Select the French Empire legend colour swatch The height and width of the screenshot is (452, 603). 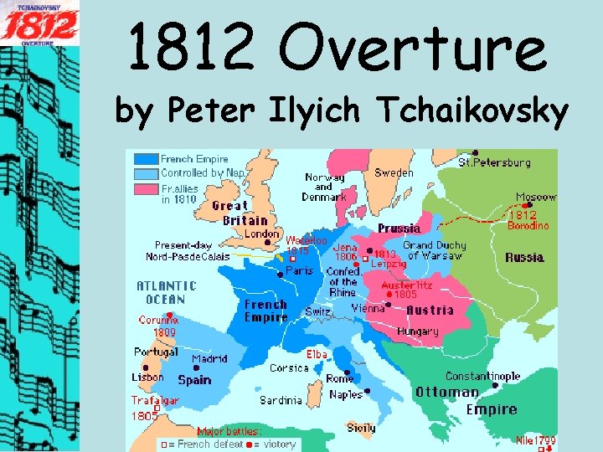[146, 158]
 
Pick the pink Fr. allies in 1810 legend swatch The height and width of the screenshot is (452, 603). [146, 191]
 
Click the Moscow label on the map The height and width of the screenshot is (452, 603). [535, 198]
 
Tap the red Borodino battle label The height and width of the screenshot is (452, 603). [528, 225]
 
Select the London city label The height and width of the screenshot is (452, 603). [260, 234]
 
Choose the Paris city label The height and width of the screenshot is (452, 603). [299, 271]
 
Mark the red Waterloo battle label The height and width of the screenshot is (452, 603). [306, 240]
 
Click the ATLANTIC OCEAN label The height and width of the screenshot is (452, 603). [166, 292]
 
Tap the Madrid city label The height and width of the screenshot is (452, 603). [209, 359]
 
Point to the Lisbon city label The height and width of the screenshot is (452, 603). [147, 378]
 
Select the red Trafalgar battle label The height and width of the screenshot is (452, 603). [154, 401]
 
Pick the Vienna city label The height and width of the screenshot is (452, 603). [368, 308]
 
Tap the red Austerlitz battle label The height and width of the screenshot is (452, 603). [405, 285]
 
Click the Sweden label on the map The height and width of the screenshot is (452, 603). [393, 172]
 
